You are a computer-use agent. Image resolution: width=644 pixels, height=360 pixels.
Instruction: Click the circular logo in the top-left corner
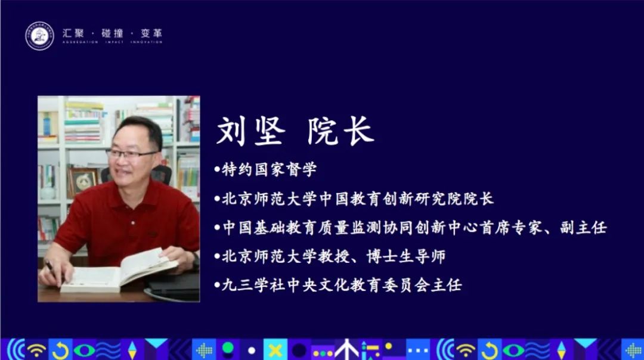point(39,36)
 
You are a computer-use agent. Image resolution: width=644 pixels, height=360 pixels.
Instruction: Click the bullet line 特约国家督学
point(268,170)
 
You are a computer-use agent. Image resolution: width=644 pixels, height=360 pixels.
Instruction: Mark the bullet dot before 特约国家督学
point(217,170)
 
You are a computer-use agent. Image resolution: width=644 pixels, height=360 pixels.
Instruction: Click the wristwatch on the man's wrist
point(194,258)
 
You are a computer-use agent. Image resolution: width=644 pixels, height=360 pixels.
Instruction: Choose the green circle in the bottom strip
point(228,346)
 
